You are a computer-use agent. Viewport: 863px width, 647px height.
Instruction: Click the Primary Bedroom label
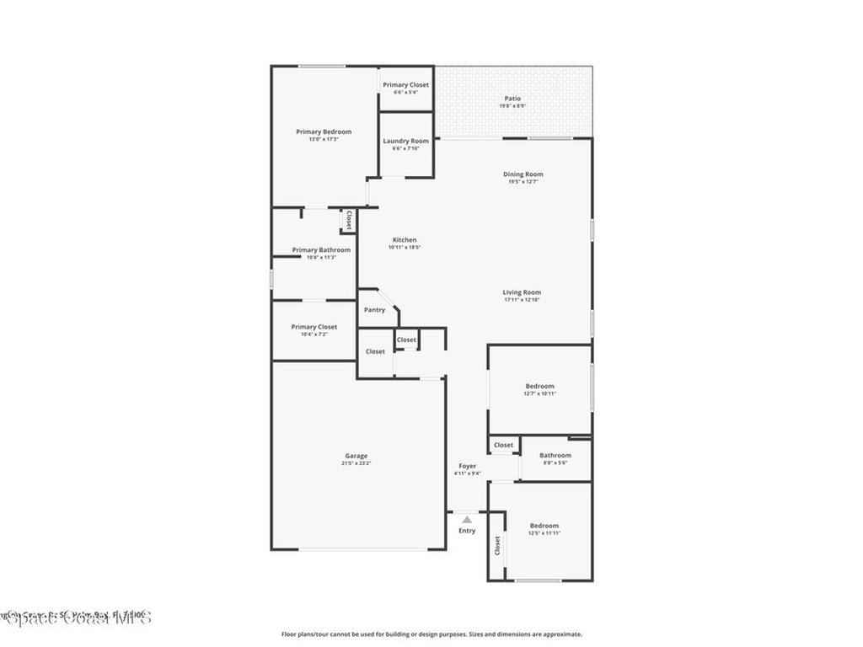(x=324, y=131)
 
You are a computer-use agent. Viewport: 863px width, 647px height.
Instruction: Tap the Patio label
(x=512, y=99)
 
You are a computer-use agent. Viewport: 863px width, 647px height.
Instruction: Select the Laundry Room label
(x=405, y=141)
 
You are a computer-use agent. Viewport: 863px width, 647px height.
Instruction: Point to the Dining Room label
(x=523, y=174)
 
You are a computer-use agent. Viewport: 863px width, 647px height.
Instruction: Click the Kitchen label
(x=404, y=240)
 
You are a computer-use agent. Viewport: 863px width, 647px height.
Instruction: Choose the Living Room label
(x=522, y=292)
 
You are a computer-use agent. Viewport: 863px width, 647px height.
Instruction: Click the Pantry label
(x=374, y=310)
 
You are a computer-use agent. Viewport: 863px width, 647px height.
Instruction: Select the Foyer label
(x=467, y=466)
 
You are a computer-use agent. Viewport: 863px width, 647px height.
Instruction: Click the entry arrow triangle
(x=467, y=520)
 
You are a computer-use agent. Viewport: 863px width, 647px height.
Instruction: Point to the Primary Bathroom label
(x=321, y=249)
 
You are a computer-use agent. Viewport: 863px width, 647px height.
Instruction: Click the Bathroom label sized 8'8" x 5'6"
(x=555, y=456)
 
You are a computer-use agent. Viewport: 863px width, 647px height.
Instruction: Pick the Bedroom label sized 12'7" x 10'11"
(x=540, y=386)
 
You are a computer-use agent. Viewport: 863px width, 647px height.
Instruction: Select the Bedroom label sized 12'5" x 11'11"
(x=544, y=526)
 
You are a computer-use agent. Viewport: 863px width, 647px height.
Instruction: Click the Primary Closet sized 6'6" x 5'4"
(x=405, y=85)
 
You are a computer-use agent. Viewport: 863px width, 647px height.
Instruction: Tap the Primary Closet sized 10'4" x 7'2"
(x=314, y=327)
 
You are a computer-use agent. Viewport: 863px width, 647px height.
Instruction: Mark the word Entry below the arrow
(x=467, y=531)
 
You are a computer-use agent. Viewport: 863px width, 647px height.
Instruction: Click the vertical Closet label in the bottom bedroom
(x=497, y=546)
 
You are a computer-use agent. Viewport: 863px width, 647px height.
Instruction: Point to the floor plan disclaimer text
(x=431, y=634)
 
